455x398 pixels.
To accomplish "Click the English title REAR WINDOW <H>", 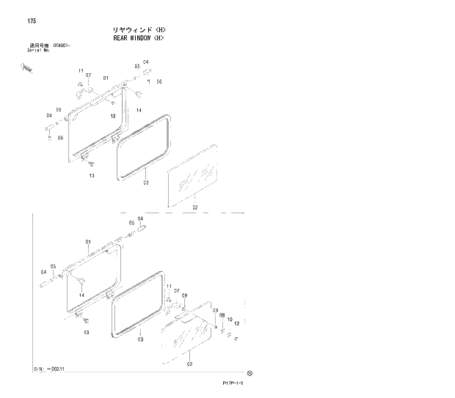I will click(143, 37).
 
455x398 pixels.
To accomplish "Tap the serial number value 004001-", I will click(63, 45).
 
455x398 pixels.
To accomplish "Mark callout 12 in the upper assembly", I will click(114, 116).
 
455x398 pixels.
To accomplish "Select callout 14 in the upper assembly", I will click(138, 110).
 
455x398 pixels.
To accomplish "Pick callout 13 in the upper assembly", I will click(92, 176).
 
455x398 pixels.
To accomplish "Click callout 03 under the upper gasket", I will click(145, 183).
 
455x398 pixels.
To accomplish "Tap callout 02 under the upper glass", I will click(194, 208).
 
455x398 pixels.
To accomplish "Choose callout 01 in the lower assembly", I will click(87, 241).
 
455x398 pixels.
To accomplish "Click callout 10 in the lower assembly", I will click(229, 320).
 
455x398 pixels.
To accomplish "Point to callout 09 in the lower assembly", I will click(216, 310).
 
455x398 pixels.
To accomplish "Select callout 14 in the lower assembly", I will click(81, 295).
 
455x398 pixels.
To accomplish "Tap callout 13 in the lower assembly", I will click(86, 332).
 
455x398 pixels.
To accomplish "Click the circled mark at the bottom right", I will click(250, 372).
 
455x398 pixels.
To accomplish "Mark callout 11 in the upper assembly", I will click(81, 70).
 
